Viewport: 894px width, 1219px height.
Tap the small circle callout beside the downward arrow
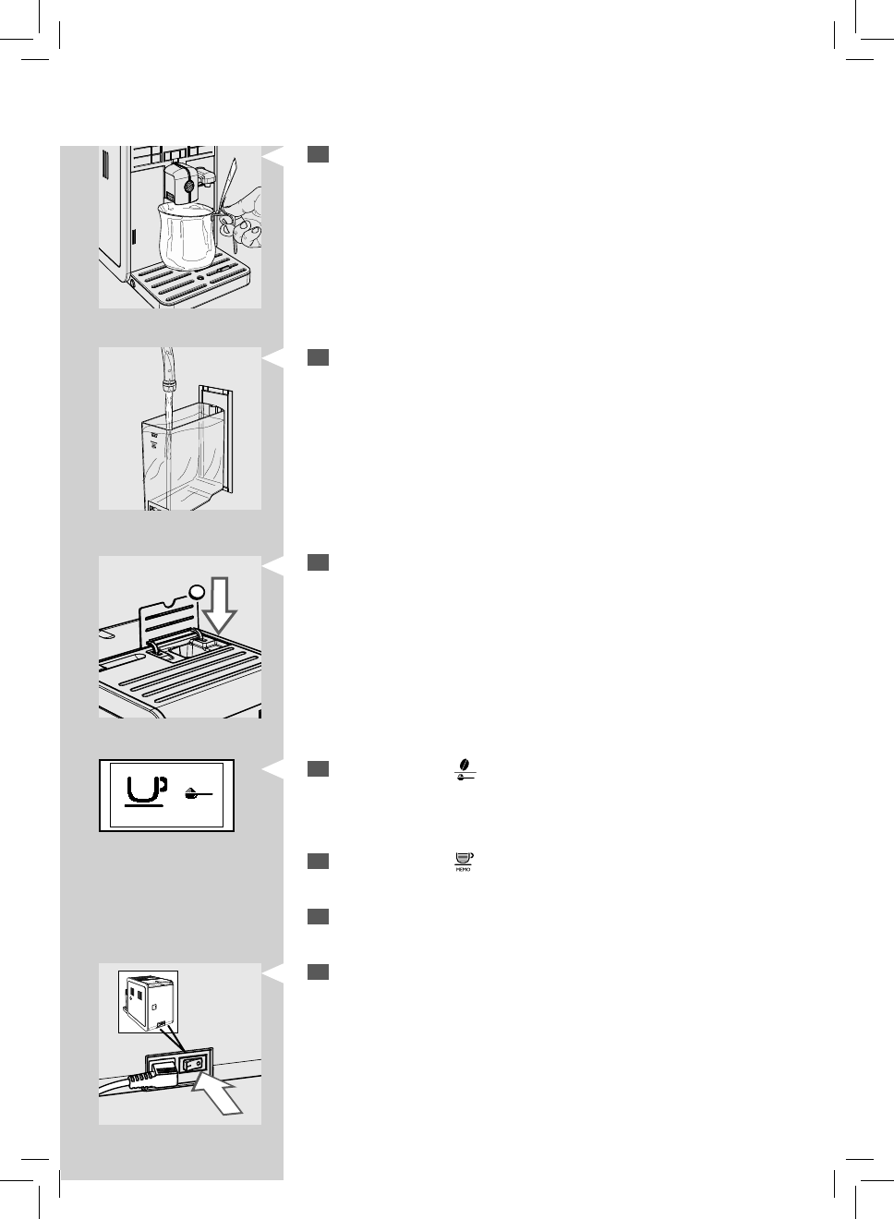pyautogui.click(x=195, y=591)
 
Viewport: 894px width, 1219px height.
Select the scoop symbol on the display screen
pyautogui.click(x=196, y=792)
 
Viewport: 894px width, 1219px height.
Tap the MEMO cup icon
pyautogui.click(x=464, y=863)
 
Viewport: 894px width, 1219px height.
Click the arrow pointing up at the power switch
pyautogui.click(x=219, y=1094)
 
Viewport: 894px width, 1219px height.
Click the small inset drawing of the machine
pyautogui.click(x=148, y=1001)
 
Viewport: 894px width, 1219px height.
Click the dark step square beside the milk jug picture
pyautogui.click(x=319, y=154)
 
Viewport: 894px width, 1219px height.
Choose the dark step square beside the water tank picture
pyautogui.click(x=319, y=357)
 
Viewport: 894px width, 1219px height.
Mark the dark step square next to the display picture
pyautogui.click(x=319, y=768)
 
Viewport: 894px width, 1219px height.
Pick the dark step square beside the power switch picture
pyautogui.click(x=319, y=972)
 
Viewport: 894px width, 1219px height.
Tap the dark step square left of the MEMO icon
pyautogui.click(x=319, y=861)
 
